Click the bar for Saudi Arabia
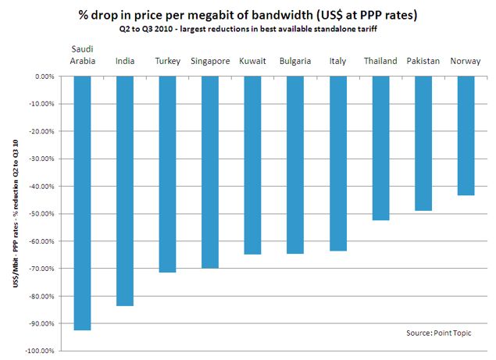pos(82,203)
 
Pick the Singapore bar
pos(210,172)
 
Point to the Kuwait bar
pos(253,165)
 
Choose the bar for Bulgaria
pos(295,165)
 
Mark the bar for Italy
pos(338,163)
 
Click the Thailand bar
pos(380,148)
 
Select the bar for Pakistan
pos(423,144)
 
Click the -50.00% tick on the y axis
pos(42,214)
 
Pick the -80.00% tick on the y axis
pos(42,296)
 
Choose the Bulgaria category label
pos(295,61)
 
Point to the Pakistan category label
pos(423,61)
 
